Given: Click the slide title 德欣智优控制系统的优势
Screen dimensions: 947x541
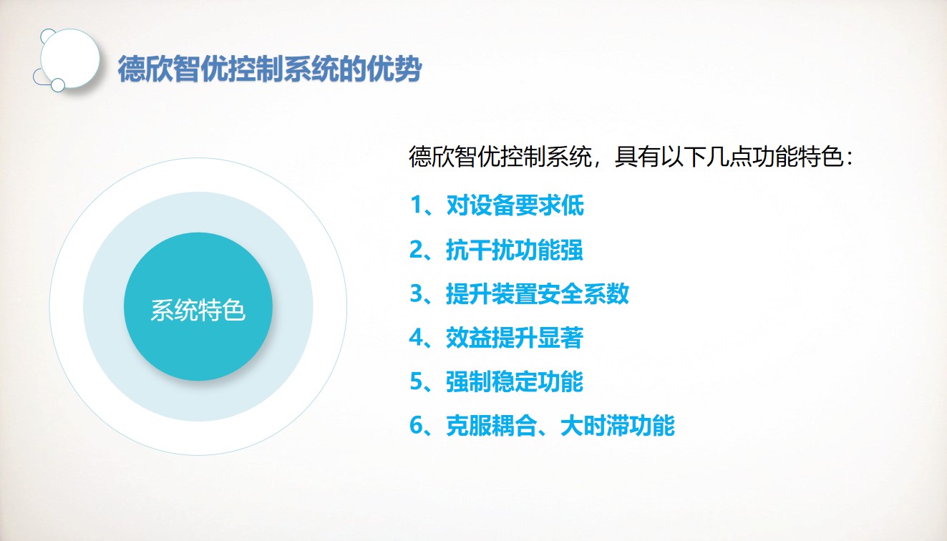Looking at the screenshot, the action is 270,69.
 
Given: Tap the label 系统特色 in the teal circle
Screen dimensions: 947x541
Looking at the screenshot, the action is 198,311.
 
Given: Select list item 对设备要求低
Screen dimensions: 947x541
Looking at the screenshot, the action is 515,205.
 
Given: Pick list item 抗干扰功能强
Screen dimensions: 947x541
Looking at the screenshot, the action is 515,250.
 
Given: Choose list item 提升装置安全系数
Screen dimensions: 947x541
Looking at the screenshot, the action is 538,293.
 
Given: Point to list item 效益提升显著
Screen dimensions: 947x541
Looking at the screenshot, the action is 515,338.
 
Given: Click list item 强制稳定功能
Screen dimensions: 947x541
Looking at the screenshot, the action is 515,381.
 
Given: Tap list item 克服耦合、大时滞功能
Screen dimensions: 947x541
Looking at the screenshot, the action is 560,426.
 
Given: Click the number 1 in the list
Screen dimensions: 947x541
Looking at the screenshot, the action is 416,205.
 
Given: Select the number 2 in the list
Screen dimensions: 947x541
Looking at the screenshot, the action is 416,250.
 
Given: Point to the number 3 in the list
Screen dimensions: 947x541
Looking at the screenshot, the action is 416,293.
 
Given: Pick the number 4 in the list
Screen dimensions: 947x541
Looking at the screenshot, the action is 416,338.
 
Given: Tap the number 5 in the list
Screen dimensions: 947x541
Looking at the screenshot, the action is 416,381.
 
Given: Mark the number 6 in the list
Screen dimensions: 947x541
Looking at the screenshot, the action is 416,426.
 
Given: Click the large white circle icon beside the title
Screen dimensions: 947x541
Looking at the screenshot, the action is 70,59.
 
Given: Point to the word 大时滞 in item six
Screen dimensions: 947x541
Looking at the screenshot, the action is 594,426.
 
